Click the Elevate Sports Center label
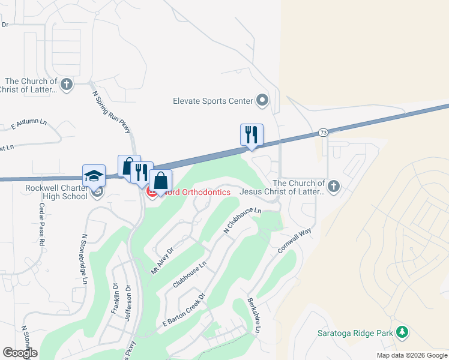212,101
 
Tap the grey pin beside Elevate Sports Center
262,100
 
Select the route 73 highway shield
324,132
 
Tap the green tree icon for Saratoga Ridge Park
403,332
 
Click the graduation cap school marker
94,176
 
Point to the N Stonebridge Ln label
85,259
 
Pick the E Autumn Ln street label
29,125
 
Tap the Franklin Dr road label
115,300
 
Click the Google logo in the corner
20,353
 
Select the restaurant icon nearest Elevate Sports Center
252,135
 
